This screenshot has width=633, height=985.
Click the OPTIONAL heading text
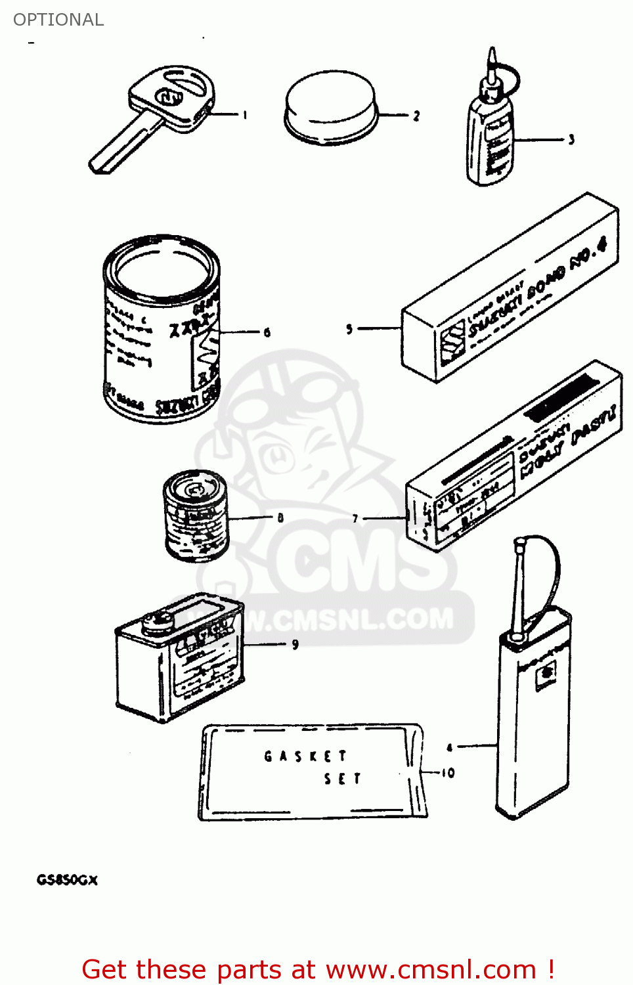58,20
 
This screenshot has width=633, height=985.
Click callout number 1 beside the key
245,116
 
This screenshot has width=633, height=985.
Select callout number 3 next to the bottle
571,139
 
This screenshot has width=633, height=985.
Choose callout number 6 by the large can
267,332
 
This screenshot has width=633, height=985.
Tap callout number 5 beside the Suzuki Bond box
349,328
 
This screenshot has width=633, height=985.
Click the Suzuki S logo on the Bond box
452,339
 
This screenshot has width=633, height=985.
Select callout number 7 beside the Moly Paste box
355,518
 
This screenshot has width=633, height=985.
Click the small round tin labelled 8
196,515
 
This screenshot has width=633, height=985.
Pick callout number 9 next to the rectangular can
295,644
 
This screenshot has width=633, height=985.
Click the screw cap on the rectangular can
158,620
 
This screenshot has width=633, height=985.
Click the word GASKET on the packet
305,756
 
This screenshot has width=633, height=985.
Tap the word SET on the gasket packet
342,779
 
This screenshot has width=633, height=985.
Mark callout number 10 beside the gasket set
448,773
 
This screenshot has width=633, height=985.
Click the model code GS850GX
67,880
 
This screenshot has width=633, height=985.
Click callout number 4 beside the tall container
450,747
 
